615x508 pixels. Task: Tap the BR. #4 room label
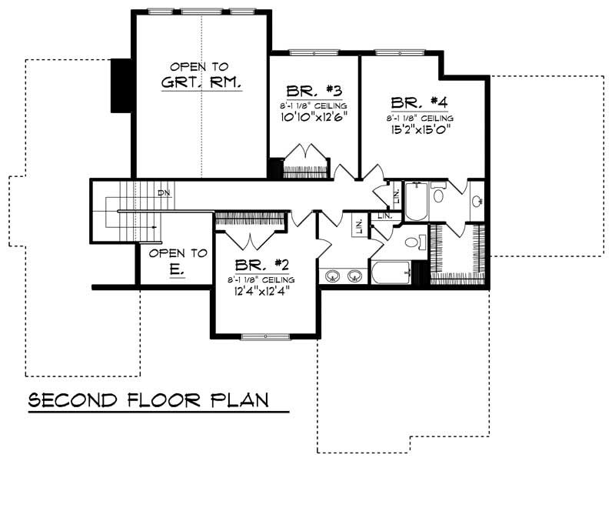click(x=420, y=102)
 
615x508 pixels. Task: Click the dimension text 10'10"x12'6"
click(x=314, y=118)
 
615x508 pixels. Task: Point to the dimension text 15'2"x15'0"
click(x=420, y=130)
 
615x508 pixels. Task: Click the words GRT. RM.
click(x=201, y=82)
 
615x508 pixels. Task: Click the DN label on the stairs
click(x=163, y=192)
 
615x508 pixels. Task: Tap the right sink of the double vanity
click(x=355, y=275)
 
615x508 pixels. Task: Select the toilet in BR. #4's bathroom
click(x=437, y=195)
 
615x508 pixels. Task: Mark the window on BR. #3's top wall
click(x=314, y=52)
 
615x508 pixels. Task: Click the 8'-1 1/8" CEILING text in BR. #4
click(x=420, y=118)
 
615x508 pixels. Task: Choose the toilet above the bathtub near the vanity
click(x=412, y=242)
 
